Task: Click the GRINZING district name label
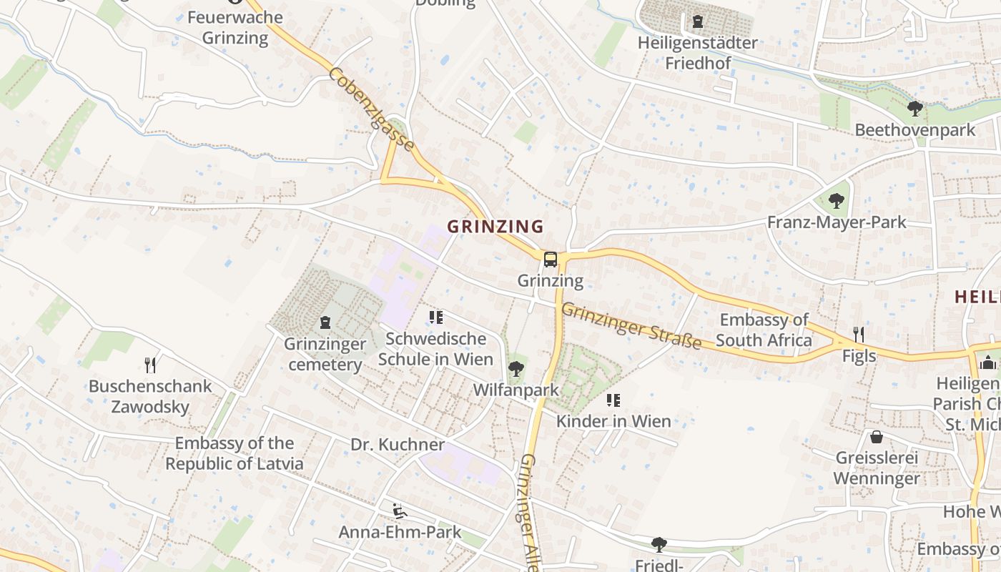[x=495, y=227]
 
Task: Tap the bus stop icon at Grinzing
[x=550, y=260]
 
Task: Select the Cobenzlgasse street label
[x=371, y=109]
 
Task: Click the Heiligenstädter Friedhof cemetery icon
[x=697, y=21]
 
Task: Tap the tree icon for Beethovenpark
[x=914, y=109]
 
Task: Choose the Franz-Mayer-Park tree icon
[x=836, y=201]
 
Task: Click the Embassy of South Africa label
[x=764, y=330]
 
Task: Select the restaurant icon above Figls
[x=859, y=334]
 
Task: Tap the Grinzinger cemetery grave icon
[x=325, y=322]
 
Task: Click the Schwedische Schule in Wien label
[x=435, y=348]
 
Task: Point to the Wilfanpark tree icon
[x=516, y=369]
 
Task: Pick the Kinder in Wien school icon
[x=613, y=400]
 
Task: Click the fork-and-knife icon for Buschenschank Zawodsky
[x=150, y=365]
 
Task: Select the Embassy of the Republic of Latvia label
[x=235, y=453]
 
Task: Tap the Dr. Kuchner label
[x=398, y=445]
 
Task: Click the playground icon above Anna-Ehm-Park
[x=400, y=511]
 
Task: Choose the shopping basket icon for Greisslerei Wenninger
[x=877, y=437]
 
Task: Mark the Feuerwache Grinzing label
[x=235, y=27]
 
